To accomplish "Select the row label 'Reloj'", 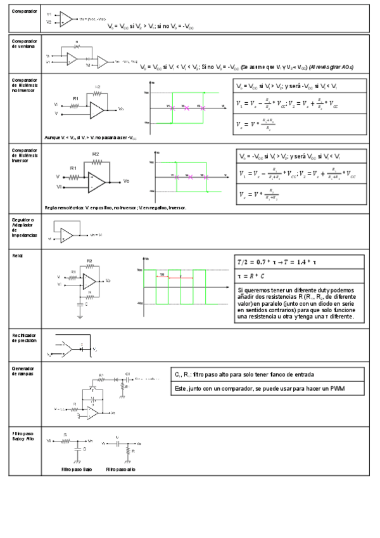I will point(17,255).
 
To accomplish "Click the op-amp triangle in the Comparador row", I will point(66,18).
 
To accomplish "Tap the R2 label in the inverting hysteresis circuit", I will point(95,154).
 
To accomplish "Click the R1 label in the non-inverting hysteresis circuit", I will point(75,99).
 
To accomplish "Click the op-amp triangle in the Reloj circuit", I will point(90,280).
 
